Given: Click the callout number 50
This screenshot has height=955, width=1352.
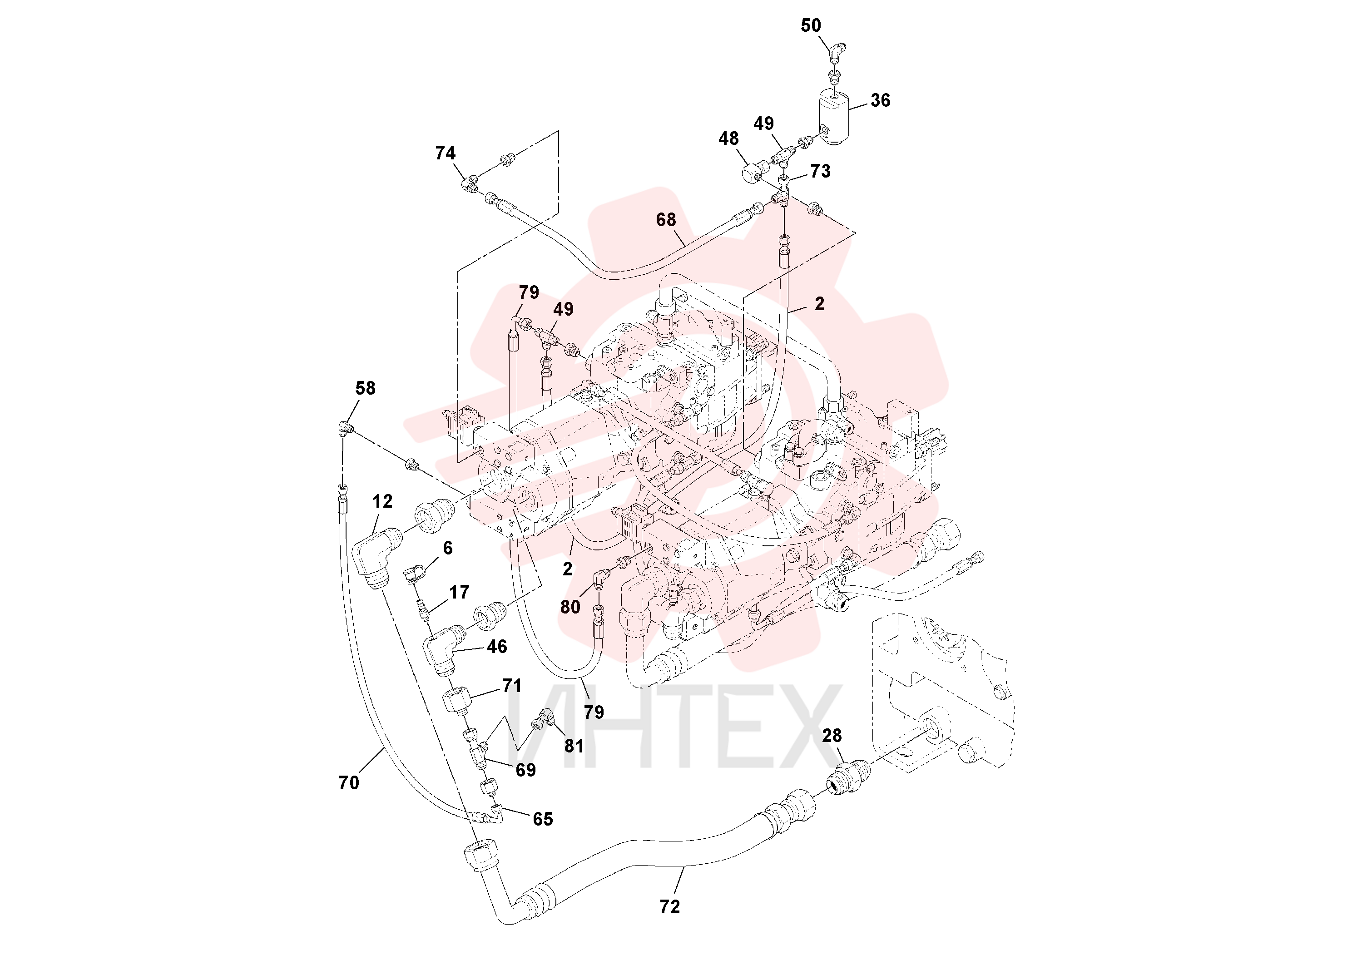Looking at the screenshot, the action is tap(810, 25).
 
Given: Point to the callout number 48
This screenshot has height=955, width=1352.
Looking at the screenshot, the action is tap(728, 139).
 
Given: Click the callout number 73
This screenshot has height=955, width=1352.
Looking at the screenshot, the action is tap(820, 171).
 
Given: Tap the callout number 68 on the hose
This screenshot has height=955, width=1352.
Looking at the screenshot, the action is tap(666, 220).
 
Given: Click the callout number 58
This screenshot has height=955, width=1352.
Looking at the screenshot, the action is tap(365, 388).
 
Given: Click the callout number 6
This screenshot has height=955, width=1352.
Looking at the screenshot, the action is tap(447, 548).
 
